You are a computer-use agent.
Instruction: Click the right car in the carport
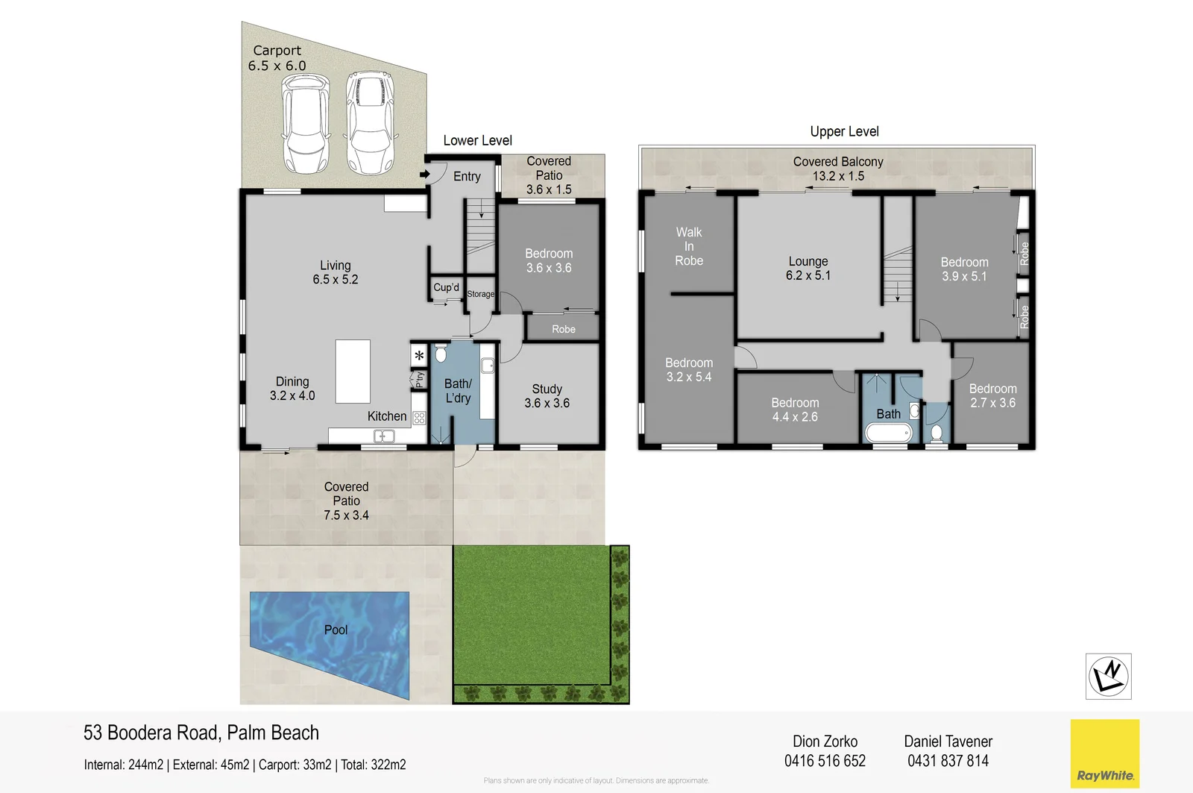click(371, 122)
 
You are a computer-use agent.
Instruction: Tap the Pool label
click(336, 630)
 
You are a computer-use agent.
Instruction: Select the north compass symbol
click(1108, 676)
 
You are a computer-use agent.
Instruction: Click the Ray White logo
click(1104, 753)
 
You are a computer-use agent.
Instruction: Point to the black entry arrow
click(424, 175)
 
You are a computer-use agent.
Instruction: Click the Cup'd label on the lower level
click(446, 287)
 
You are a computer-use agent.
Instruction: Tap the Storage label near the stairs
click(480, 294)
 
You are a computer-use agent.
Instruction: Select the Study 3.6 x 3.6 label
click(547, 396)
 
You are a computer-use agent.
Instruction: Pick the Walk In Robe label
click(688, 246)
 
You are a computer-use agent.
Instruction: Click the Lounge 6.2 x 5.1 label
click(808, 269)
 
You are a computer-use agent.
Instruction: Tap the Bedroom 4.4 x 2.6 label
click(795, 410)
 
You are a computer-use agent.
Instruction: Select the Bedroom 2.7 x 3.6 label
click(992, 395)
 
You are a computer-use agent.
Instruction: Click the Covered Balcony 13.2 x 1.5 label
click(838, 169)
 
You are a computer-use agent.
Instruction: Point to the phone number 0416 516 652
click(825, 761)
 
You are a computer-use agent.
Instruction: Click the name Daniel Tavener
click(948, 742)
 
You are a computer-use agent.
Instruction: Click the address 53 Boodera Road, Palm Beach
click(201, 733)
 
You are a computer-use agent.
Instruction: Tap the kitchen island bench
click(353, 372)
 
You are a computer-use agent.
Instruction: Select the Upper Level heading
click(844, 131)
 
